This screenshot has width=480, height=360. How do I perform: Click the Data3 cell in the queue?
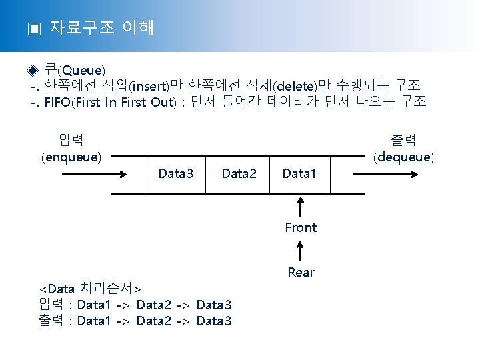pyautogui.click(x=176, y=174)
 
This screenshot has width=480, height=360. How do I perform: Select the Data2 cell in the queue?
pyautogui.click(x=239, y=174)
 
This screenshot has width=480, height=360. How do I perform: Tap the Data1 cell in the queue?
pyautogui.click(x=300, y=174)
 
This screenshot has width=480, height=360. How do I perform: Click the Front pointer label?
pyautogui.click(x=301, y=227)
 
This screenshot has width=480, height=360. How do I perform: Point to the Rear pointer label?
pyautogui.click(x=301, y=272)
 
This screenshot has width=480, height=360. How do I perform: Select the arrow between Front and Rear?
pyautogui.click(x=301, y=250)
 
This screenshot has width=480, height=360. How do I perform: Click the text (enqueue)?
pyautogui.click(x=71, y=157)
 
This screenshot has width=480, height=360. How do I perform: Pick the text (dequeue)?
pyautogui.click(x=403, y=157)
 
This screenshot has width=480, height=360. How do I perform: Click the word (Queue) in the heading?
pyautogui.click(x=81, y=70)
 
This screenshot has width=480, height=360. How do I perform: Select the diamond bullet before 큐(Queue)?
pyautogui.click(x=34, y=70)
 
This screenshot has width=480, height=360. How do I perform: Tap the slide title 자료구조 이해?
pyautogui.click(x=102, y=27)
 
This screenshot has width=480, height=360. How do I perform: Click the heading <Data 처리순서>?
pyautogui.click(x=90, y=289)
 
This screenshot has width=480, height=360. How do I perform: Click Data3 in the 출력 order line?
pyautogui.click(x=214, y=321)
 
